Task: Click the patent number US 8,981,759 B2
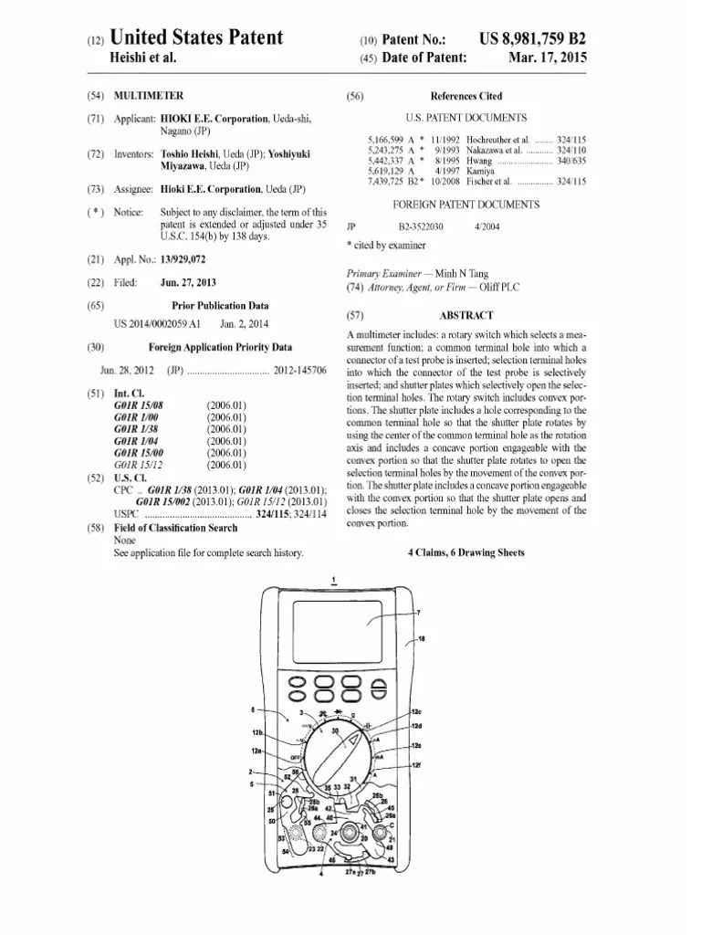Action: tap(532, 39)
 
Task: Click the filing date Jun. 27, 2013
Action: tap(187, 283)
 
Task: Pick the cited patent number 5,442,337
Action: tap(385, 160)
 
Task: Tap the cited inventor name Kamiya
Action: tap(481, 171)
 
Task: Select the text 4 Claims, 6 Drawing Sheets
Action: tap(466, 553)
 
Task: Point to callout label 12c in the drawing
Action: tap(416, 711)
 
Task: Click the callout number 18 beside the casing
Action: tap(421, 640)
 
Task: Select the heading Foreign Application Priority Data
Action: tap(220, 347)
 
